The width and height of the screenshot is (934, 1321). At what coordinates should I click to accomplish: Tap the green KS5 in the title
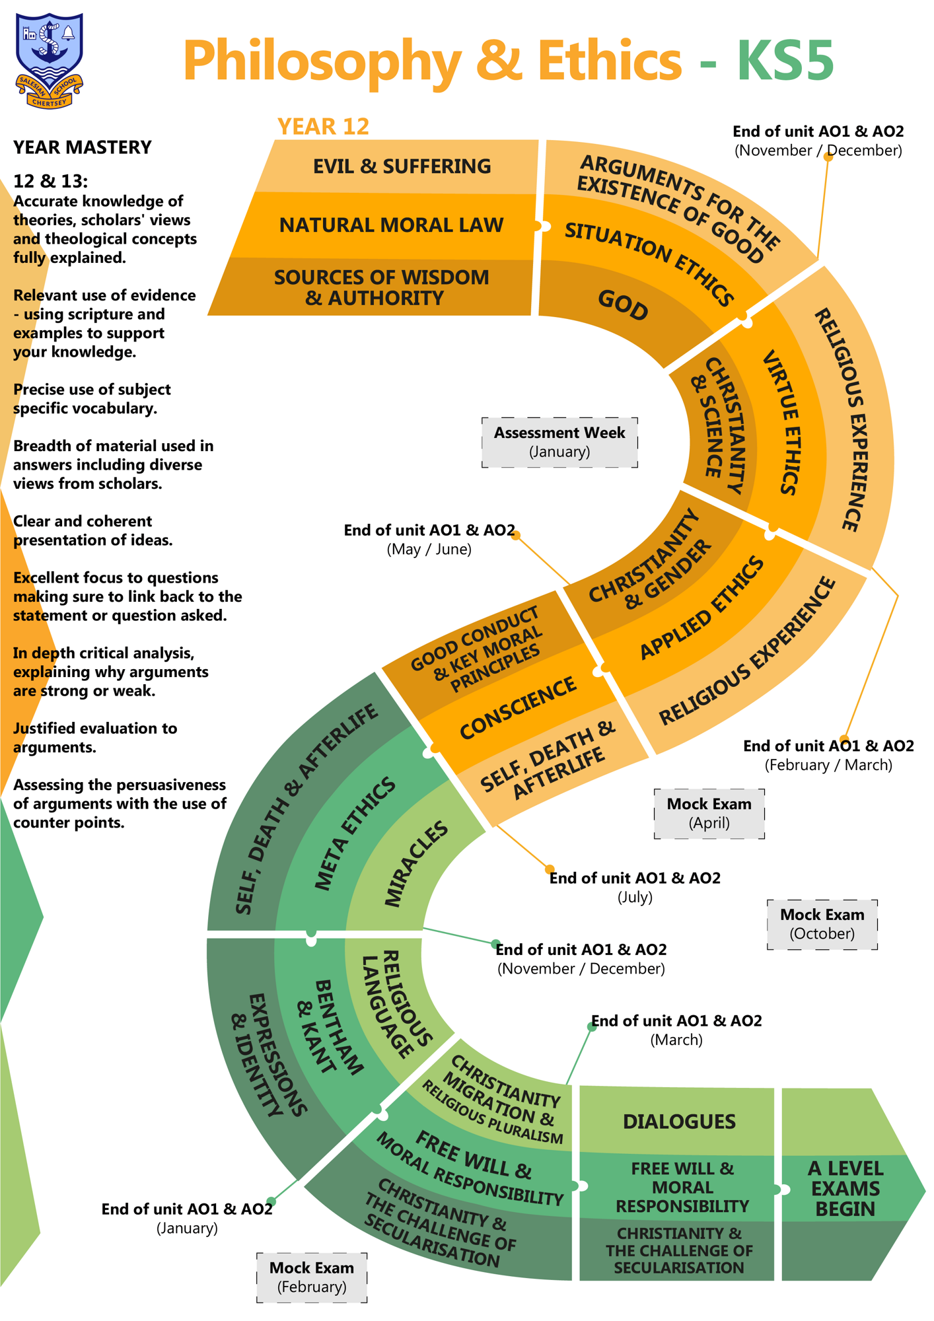(785, 61)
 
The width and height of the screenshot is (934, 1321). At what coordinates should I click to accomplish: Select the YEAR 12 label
(323, 126)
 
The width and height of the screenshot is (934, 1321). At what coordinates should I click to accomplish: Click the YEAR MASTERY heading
(83, 147)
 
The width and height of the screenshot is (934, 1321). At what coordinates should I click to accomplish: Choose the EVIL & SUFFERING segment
(402, 166)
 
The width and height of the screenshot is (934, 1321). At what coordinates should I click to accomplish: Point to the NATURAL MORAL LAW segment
(391, 225)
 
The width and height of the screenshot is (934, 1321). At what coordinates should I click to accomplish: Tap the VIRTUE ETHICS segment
(786, 423)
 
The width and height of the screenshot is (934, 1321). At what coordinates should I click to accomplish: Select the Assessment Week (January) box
(559, 442)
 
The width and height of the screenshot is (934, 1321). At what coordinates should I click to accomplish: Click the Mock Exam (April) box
(709, 813)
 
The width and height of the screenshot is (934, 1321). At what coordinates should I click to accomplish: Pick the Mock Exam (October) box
(822, 924)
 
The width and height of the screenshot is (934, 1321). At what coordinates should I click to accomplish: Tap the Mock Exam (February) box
(312, 1277)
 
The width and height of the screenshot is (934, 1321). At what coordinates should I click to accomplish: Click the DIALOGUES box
(679, 1122)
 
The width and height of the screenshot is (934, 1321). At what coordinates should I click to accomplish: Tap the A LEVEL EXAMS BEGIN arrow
(845, 1188)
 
